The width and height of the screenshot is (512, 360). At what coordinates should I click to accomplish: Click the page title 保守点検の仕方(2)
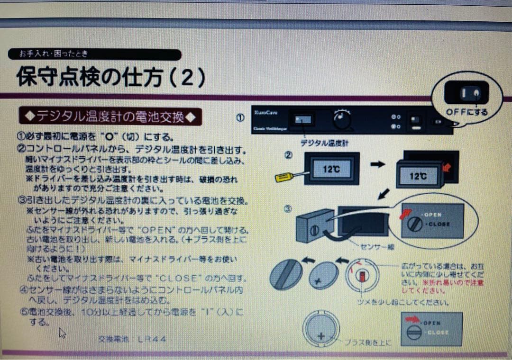(x=111, y=77)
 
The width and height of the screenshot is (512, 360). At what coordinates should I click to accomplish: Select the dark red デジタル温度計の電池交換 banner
(x=110, y=116)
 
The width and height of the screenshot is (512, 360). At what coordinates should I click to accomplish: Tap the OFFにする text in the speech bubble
(x=466, y=112)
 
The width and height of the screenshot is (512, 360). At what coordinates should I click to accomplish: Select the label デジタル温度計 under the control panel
(x=322, y=142)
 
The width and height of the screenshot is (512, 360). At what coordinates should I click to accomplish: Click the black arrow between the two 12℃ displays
(x=378, y=163)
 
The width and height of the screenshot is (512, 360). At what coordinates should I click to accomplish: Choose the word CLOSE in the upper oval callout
(x=437, y=224)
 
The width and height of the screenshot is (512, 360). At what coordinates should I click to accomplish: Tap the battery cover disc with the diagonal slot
(x=286, y=275)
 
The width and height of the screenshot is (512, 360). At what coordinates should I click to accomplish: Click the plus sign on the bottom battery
(x=321, y=336)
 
